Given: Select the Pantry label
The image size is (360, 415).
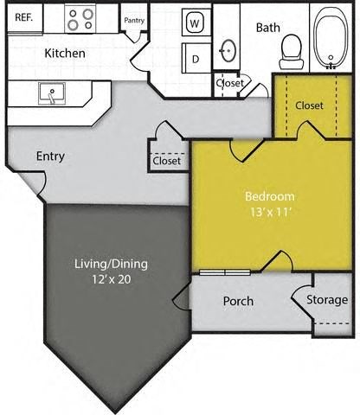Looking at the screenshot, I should tap(134, 20).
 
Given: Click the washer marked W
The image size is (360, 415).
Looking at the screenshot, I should tap(195, 23).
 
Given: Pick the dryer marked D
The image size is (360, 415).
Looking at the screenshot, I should tap(196, 59).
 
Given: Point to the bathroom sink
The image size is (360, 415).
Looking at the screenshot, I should tap(228, 49).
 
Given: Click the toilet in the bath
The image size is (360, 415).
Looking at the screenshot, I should tap(290, 52).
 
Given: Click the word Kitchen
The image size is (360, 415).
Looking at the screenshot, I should tap(65, 54).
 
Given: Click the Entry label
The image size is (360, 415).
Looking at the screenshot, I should tap(51, 156).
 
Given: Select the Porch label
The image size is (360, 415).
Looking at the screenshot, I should tap(238, 301).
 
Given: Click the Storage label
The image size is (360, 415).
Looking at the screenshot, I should tap(329, 300).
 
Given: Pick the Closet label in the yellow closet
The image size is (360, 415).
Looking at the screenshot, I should tap(309, 105).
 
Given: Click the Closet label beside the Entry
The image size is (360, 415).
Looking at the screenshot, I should tap(166, 161).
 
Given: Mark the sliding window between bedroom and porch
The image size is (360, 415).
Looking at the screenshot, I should tap(225, 272).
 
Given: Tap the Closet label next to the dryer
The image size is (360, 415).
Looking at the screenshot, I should tap(228, 84).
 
